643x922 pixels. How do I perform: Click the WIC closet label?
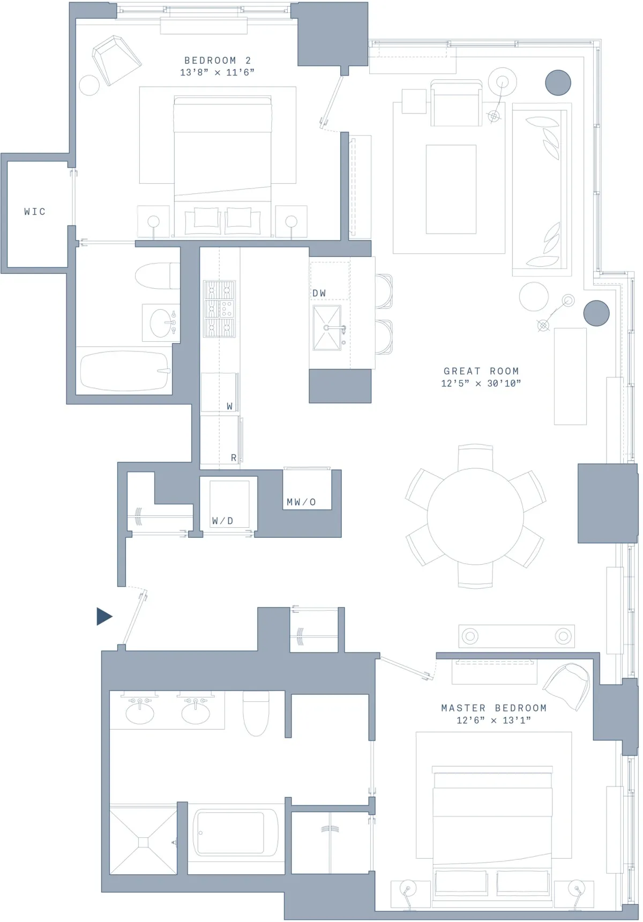[x=35, y=212]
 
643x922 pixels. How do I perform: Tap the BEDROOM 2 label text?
[x=218, y=61]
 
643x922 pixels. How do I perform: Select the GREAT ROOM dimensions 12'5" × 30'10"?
[x=481, y=384]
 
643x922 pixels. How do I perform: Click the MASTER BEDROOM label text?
[x=494, y=708]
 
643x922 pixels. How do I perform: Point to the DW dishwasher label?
[x=319, y=293]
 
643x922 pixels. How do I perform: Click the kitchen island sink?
[x=327, y=327]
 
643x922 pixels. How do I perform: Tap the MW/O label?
[x=301, y=502]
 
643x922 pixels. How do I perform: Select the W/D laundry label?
[x=222, y=521]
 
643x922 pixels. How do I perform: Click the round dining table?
[x=475, y=516]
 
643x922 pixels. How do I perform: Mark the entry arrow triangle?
[x=103, y=617]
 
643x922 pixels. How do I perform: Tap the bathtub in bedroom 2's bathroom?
[x=124, y=371]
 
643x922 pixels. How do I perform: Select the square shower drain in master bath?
[x=143, y=843]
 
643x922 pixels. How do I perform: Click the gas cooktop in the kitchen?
[x=219, y=309]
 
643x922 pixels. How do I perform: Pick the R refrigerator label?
[x=234, y=458]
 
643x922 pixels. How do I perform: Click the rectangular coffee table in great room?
[x=451, y=189]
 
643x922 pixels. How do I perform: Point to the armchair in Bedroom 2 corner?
[x=116, y=60]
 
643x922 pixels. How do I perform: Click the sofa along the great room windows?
[x=540, y=190]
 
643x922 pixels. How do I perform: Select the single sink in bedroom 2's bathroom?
[x=162, y=323]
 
